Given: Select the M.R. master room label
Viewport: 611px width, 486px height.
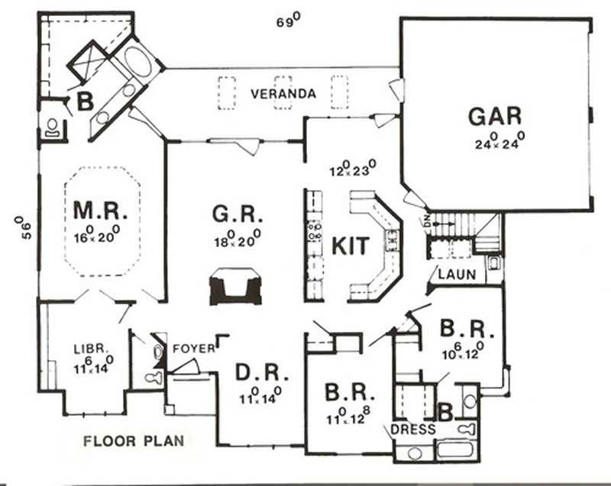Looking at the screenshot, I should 95,209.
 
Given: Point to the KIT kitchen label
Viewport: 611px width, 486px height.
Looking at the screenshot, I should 351,246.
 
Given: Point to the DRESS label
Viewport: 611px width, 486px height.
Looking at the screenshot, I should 412,430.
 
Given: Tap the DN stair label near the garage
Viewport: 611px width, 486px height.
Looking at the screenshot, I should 425,221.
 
